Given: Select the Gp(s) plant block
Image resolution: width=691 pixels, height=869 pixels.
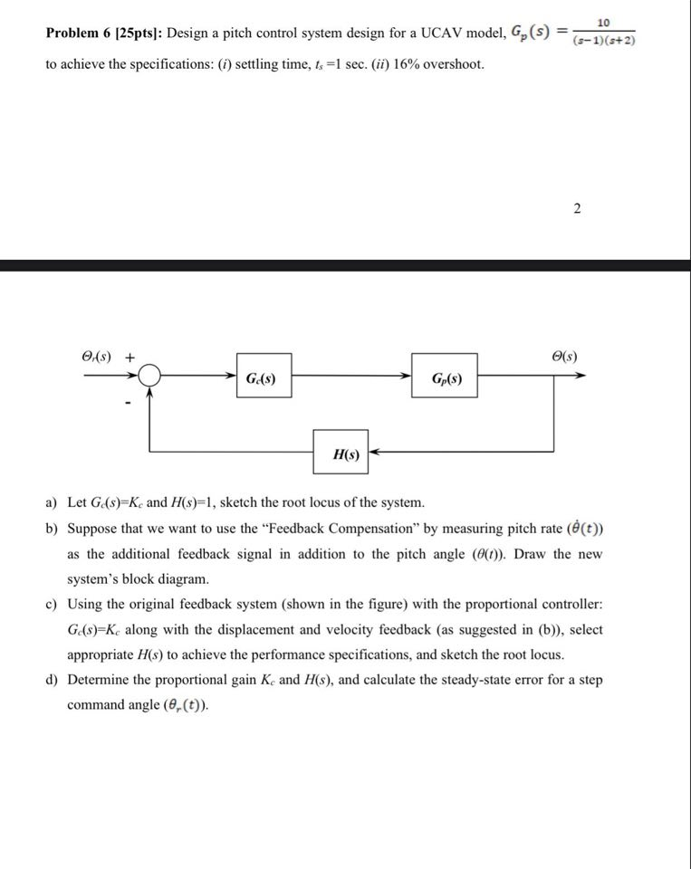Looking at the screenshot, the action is point(446,377).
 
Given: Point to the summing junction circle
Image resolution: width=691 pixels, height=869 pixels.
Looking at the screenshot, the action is point(150,377).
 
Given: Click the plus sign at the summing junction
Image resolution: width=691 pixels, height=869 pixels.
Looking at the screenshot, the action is point(130,357).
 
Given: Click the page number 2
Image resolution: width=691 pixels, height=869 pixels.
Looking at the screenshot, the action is point(577,210).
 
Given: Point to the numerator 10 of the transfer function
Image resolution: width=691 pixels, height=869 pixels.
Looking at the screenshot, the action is point(603,21).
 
